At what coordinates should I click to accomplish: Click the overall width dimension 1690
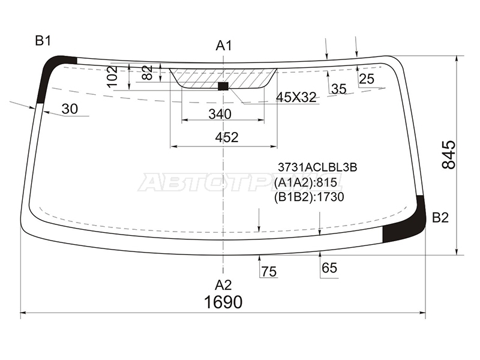click(x=223, y=302)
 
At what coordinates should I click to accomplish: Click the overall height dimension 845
click(x=449, y=155)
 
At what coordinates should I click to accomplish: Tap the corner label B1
click(x=43, y=40)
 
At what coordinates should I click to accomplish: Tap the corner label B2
click(x=440, y=218)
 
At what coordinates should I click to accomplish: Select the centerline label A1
click(x=224, y=46)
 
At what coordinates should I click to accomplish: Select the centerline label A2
click(x=223, y=285)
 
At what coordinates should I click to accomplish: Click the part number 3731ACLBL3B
click(x=317, y=167)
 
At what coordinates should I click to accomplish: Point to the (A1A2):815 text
click(x=305, y=183)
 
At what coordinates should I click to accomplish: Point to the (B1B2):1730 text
click(x=309, y=197)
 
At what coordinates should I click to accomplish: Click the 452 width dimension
click(x=227, y=137)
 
